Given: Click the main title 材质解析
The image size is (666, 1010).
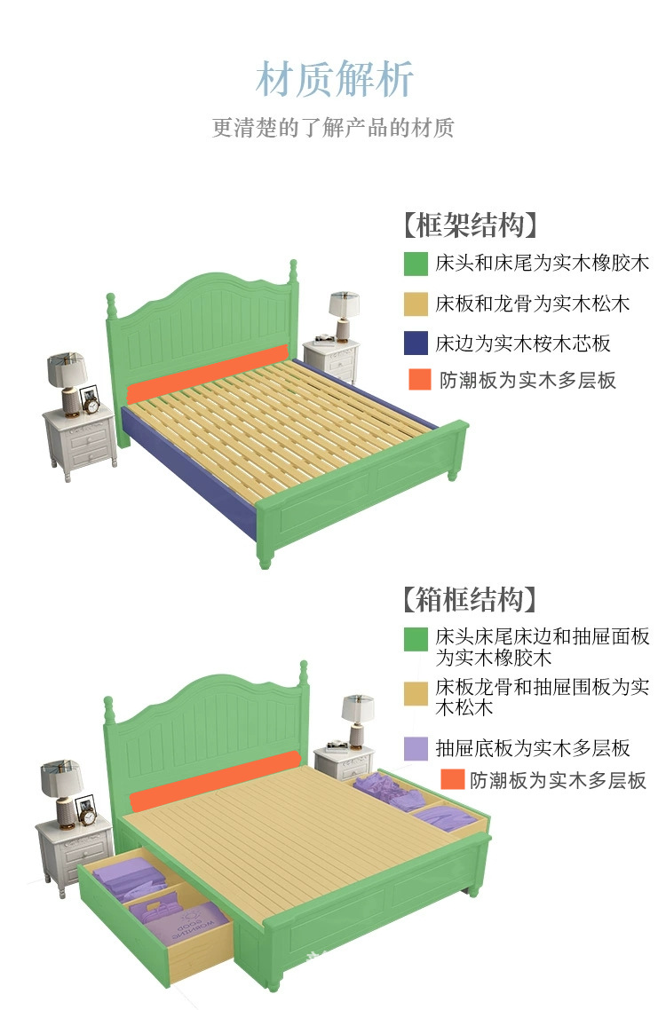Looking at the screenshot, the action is pyautogui.click(x=334, y=79).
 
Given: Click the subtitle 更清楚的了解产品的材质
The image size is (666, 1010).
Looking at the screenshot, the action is pyautogui.click(x=333, y=128).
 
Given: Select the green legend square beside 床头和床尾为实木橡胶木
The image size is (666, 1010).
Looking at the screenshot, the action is pyautogui.click(x=416, y=264).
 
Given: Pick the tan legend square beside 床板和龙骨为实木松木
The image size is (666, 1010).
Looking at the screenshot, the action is pyautogui.click(x=416, y=304).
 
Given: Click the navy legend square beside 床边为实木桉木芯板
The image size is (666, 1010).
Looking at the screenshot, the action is pyautogui.click(x=416, y=343).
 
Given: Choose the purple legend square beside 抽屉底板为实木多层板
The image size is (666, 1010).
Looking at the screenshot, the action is pyautogui.click(x=416, y=748).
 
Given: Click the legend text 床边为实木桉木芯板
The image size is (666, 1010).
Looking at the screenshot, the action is pyautogui.click(x=523, y=343).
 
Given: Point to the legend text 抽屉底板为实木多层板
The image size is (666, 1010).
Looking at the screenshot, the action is pyautogui.click(x=533, y=748).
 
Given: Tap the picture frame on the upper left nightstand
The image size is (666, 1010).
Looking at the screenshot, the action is pyautogui.click(x=90, y=399).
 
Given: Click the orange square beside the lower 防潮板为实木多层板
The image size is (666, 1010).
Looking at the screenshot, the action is pyautogui.click(x=453, y=780).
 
